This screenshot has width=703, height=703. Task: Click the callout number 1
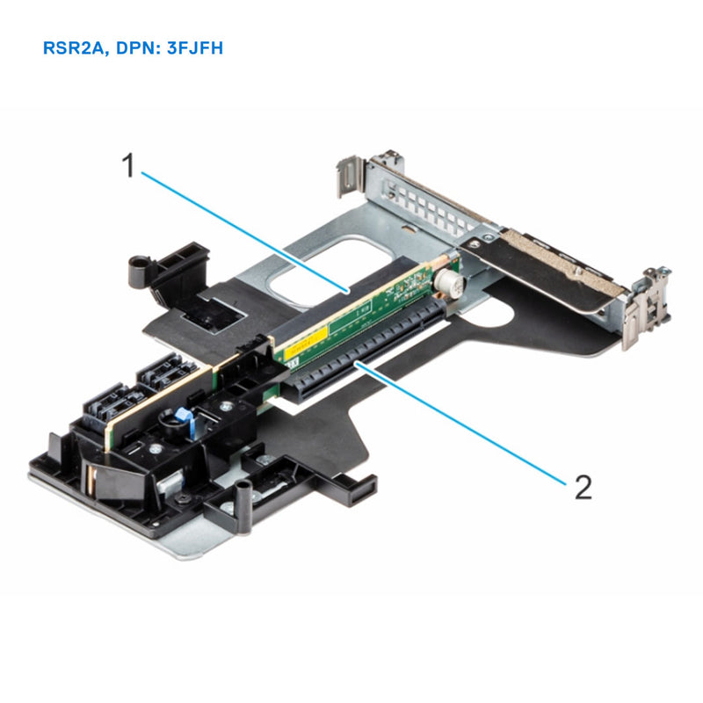[128, 164]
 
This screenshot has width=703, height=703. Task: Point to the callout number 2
[582, 486]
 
